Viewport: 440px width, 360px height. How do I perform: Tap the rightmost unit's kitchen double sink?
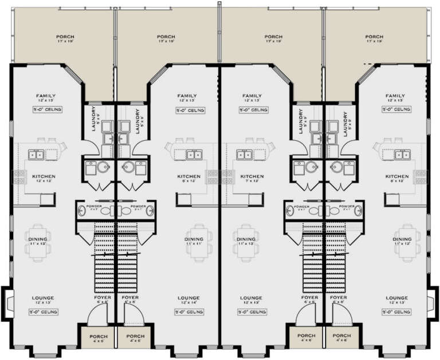402,154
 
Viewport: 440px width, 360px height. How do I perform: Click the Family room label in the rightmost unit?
395,98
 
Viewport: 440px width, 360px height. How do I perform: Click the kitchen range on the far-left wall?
17,177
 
